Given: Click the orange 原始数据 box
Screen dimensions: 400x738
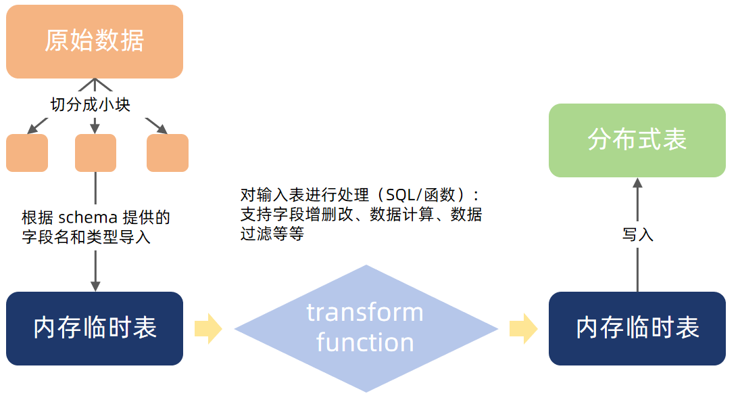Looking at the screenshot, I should coord(95,41).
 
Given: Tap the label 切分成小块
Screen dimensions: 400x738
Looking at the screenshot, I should coord(90,105).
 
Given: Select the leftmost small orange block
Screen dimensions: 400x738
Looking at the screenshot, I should coord(27,152).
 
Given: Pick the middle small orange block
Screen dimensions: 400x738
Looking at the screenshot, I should coord(95,152).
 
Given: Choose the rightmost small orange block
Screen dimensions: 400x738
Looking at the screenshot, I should coord(168,152).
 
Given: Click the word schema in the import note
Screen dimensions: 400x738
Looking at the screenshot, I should coord(87,218).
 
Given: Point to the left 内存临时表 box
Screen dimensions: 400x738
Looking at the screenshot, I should coord(95,328).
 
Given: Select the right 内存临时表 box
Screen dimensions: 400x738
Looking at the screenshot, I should coord(637,328).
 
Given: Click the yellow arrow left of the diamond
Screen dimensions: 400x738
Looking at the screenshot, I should coord(208,328).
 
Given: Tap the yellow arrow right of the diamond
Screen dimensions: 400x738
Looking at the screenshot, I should coord(523,328).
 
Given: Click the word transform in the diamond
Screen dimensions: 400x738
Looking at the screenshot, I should coord(365,313).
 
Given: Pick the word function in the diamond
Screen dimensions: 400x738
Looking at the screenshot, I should coord(365,342).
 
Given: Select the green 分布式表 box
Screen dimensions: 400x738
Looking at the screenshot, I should coord(637,140).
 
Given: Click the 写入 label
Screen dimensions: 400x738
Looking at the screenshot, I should coord(637,235).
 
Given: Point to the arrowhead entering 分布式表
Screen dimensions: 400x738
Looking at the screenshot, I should coord(637,183).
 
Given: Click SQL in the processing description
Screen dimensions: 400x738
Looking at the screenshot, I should coord(400,196).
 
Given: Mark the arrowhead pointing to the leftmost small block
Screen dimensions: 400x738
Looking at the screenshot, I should coord(31,130).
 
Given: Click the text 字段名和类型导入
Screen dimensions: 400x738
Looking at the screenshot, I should coord(87,238).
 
